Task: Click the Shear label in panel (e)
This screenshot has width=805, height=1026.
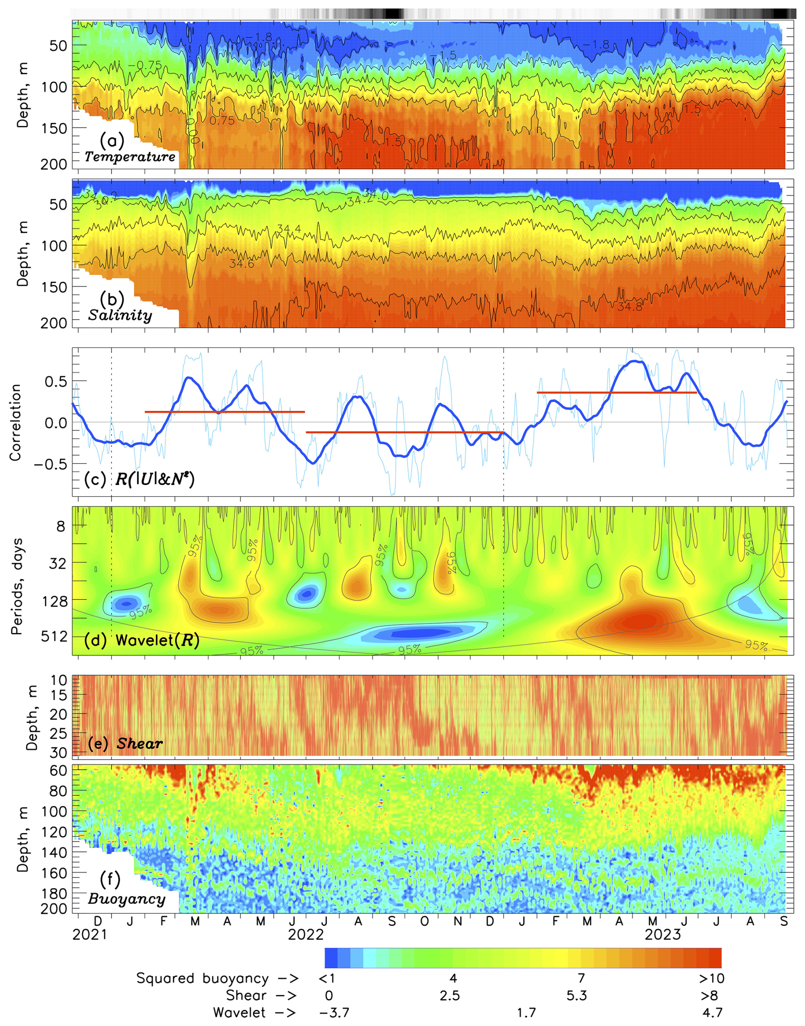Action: (140, 744)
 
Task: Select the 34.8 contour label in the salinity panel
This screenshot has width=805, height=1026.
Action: (630, 307)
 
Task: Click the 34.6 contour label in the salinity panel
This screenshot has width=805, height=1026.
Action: (242, 264)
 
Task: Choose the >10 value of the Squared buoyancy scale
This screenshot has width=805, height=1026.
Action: (711, 978)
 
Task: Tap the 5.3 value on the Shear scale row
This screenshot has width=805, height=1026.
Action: (577, 995)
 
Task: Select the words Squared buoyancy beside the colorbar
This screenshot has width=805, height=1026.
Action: (203, 978)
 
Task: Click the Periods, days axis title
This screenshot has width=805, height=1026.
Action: (17, 587)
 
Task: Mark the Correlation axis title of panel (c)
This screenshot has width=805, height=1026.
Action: (16, 422)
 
